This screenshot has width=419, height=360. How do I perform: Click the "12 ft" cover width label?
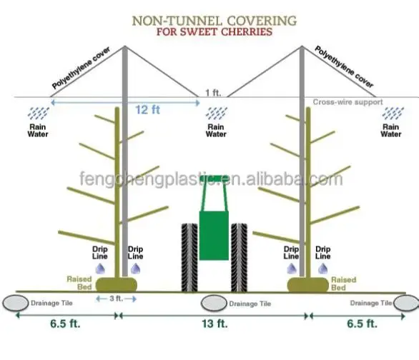[147, 110]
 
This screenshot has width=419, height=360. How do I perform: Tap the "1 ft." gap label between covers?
[213, 93]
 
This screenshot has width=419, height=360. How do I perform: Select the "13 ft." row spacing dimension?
[215, 324]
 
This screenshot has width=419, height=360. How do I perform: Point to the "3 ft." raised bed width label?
[117, 299]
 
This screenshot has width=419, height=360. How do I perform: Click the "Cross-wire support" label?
[347, 102]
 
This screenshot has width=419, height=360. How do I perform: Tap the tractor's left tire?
[189, 258]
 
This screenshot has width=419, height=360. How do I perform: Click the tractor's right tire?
[239, 258]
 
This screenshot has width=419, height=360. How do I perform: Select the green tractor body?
[214, 236]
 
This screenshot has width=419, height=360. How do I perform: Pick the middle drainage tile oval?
[214, 303]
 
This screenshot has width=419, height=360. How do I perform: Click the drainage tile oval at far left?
[16, 303]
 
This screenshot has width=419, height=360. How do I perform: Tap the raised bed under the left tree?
[117, 284]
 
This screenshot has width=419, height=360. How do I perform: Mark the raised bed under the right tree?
[308, 285]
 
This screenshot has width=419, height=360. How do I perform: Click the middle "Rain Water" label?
[216, 131]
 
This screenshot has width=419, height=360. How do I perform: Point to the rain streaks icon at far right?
[393, 113]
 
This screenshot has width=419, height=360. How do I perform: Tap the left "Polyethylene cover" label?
[81, 68]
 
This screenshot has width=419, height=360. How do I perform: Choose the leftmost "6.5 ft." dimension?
[65, 324]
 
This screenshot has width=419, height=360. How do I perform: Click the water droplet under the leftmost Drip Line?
[100, 269]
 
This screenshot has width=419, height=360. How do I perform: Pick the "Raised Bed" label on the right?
[344, 284]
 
